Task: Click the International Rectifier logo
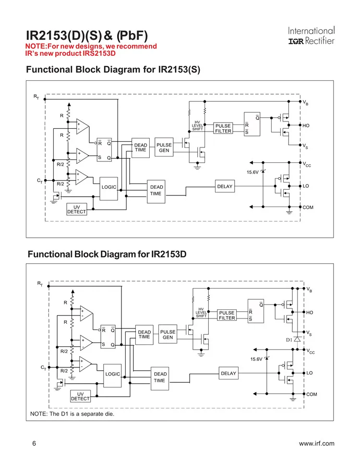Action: [311, 36]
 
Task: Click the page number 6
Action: [34, 443]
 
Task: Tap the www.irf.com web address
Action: [316, 444]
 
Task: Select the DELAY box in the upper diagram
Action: [225, 186]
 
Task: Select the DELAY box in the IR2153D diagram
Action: [228, 373]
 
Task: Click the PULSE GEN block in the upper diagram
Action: [164, 147]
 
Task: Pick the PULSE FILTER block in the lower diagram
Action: [227, 315]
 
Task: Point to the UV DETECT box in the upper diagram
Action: [76, 209]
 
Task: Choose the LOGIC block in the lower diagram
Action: [113, 374]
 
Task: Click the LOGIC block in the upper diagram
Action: [109, 187]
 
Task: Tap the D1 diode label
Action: [289, 340]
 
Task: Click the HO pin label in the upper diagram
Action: [306, 125]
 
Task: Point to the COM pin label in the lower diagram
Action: [312, 394]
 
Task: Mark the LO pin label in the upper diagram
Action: [306, 186]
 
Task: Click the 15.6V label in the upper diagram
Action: [252, 172]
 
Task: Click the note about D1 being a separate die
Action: [72, 414]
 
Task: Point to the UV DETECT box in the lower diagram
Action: [80, 396]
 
